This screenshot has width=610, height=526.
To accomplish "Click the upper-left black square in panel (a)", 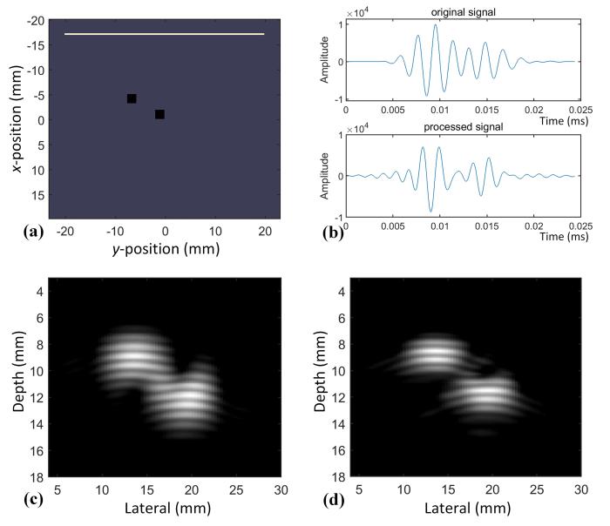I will tap(132, 98).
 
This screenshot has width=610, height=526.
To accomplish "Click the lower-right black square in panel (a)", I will tap(159, 114).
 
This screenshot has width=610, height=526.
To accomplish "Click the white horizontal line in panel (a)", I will tap(164, 34).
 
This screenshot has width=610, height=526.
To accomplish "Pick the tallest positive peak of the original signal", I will tap(435, 25).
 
